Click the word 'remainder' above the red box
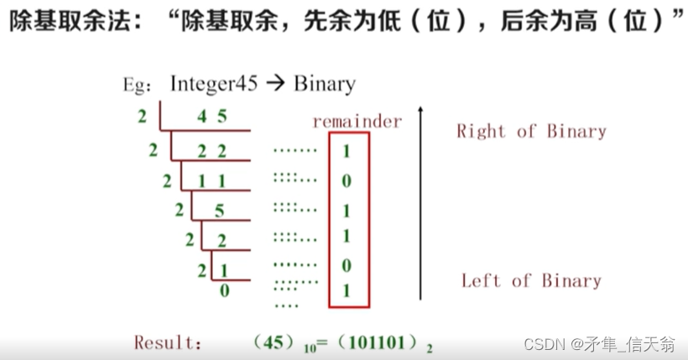coord(357,122)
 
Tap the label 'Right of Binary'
coord(531,131)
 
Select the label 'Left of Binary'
coord(531,280)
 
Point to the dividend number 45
coord(211,117)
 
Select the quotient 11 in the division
coord(211,180)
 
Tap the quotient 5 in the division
coord(219,210)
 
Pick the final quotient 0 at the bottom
coord(224,290)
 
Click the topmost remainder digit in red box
coord(347,152)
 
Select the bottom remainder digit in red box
coord(347,291)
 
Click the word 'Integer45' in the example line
coord(212,84)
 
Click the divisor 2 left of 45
coord(143,117)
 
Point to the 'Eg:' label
coord(137,86)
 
